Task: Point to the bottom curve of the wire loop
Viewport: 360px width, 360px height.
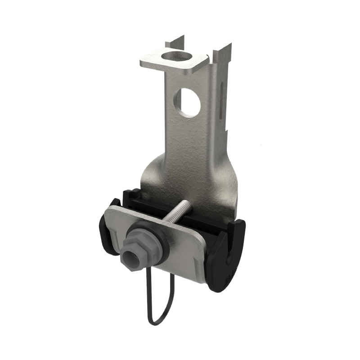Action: point(155,322)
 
